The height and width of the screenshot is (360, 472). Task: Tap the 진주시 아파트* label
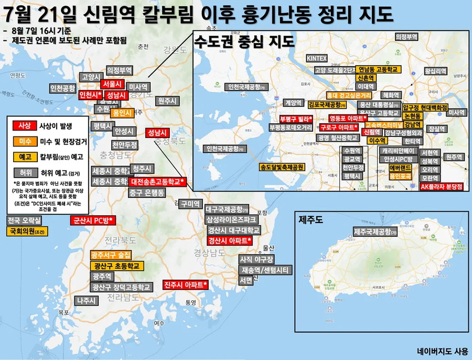click(x=186, y=285)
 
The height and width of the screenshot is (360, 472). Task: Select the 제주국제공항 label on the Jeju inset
click(x=376, y=231)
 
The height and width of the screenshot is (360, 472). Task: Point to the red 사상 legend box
click(x=24, y=125)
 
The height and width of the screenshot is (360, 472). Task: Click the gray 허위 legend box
click(x=24, y=172)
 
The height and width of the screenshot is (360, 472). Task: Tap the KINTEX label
click(x=317, y=58)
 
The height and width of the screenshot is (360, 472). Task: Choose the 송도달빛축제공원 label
click(x=282, y=168)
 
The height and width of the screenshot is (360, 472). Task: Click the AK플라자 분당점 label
click(x=442, y=186)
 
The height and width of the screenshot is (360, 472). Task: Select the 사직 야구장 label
click(x=256, y=259)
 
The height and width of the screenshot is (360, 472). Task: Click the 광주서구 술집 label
click(x=111, y=256)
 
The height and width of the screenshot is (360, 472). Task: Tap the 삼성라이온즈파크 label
click(x=231, y=219)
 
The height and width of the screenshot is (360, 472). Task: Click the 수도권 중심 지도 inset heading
click(x=244, y=43)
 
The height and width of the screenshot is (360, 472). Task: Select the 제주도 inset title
click(x=313, y=218)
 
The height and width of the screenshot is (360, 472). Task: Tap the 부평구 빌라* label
click(x=296, y=119)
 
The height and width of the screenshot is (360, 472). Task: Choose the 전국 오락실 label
click(x=24, y=220)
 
